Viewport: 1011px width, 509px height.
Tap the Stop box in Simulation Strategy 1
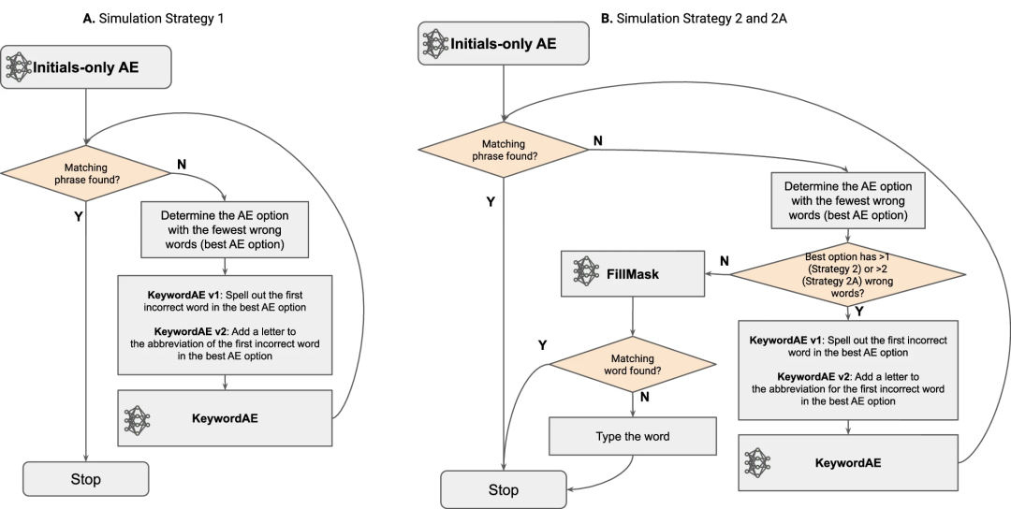tap(86, 479)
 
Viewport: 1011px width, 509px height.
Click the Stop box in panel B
tap(504, 489)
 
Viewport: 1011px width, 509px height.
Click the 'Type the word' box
tap(634, 437)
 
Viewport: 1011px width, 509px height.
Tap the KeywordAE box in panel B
tap(849, 461)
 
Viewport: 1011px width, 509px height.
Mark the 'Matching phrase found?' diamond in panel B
tap(503, 150)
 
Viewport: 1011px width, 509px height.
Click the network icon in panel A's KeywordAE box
tap(138, 418)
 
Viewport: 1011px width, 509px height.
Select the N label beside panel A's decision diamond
tap(182, 163)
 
